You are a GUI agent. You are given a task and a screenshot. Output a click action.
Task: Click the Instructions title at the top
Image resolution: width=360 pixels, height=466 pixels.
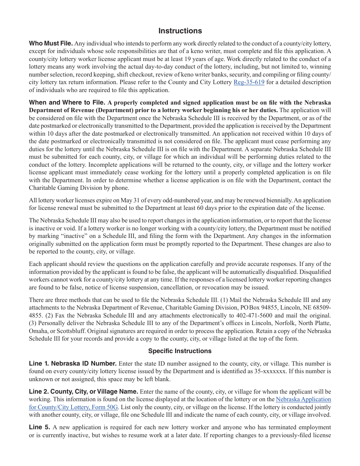(x=180, y=31)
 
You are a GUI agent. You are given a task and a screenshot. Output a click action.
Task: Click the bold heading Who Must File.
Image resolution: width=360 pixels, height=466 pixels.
(x=51, y=43)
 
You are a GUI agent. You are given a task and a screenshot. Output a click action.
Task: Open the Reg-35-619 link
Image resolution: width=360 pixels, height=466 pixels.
(x=249, y=82)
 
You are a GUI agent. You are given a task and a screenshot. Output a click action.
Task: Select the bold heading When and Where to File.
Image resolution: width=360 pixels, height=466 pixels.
(x=67, y=102)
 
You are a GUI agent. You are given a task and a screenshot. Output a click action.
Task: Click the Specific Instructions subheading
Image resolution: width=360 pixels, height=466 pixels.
(x=180, y=351)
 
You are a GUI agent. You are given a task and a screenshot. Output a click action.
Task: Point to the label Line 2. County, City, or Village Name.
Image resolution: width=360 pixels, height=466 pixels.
(x=83, y=391)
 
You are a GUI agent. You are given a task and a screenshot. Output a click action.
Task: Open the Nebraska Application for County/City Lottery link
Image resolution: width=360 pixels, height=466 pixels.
(x=303, y=399)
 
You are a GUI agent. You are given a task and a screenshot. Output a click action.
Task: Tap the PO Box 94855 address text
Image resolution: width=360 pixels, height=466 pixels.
(x=269, y=307)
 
